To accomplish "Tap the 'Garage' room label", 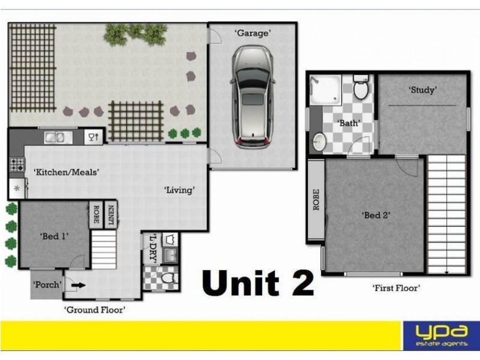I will pyautogui.click(x=252, y=34).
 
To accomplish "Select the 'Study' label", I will pyautogui.click(x=422, y=90).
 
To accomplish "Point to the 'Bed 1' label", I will pyautogui.click(x=55, y=236).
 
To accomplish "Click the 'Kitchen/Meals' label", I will pyautogui.click(x=66, y=172).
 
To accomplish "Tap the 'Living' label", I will pyautogui.click(x=180, y=190).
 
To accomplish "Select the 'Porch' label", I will pyautogui.click(x=47, y=284).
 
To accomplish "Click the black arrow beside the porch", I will pyautogui.click(x=79, y=286).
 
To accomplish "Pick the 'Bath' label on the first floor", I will pyautogui.click(x=349, y=123).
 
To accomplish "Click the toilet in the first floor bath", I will pyautogui.click(x=361, y=88).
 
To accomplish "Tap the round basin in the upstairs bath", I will pyautogui.click(x=319, y=142).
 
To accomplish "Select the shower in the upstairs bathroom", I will pyautogui.click(x=326, y=90).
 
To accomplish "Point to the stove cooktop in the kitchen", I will pyautogui.click(x=16, y=164).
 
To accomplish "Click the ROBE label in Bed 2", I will pyautogui.click(x=316, y=199).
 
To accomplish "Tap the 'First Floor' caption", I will pyautogui.click(x=396, y=288).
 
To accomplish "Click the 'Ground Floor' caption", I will pyautogui.click(x=95, y=310).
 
